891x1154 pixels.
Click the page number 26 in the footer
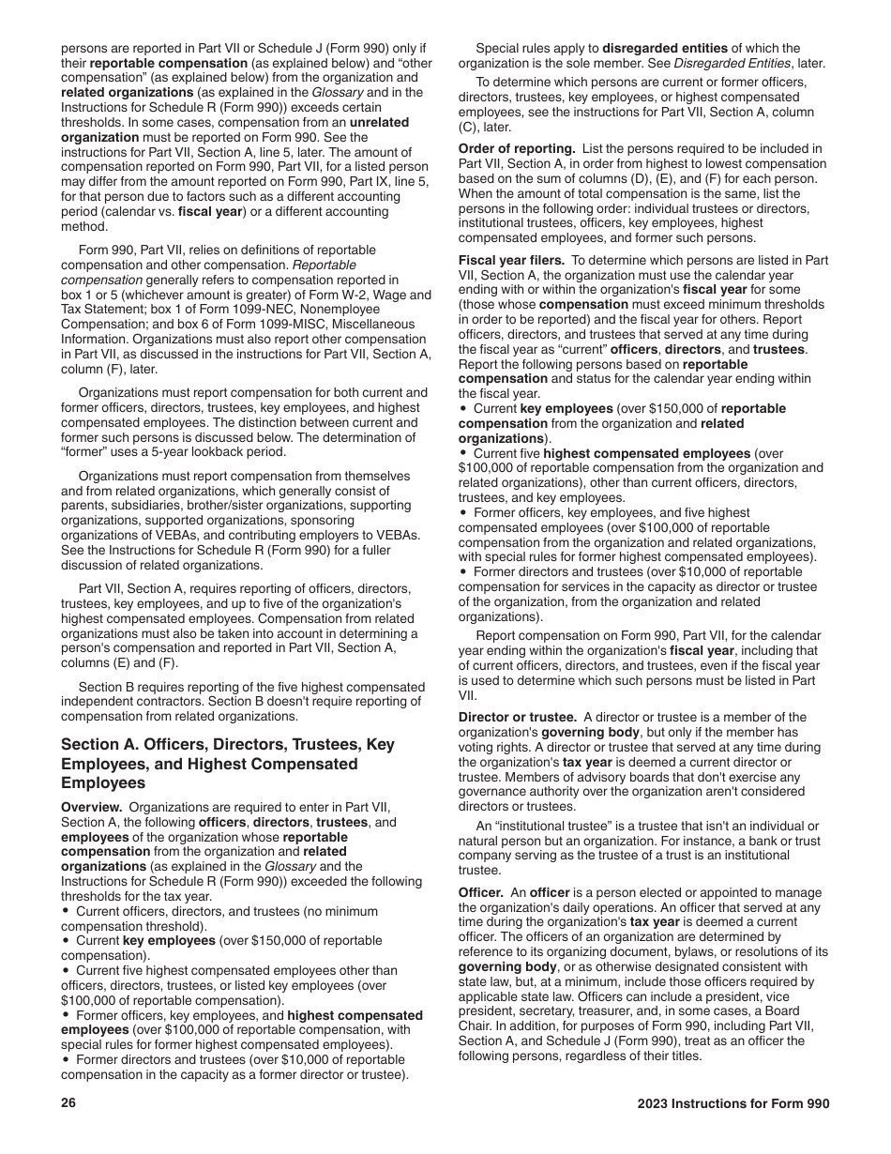point(68,1104)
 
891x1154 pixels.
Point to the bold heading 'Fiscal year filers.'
point(514,260)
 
